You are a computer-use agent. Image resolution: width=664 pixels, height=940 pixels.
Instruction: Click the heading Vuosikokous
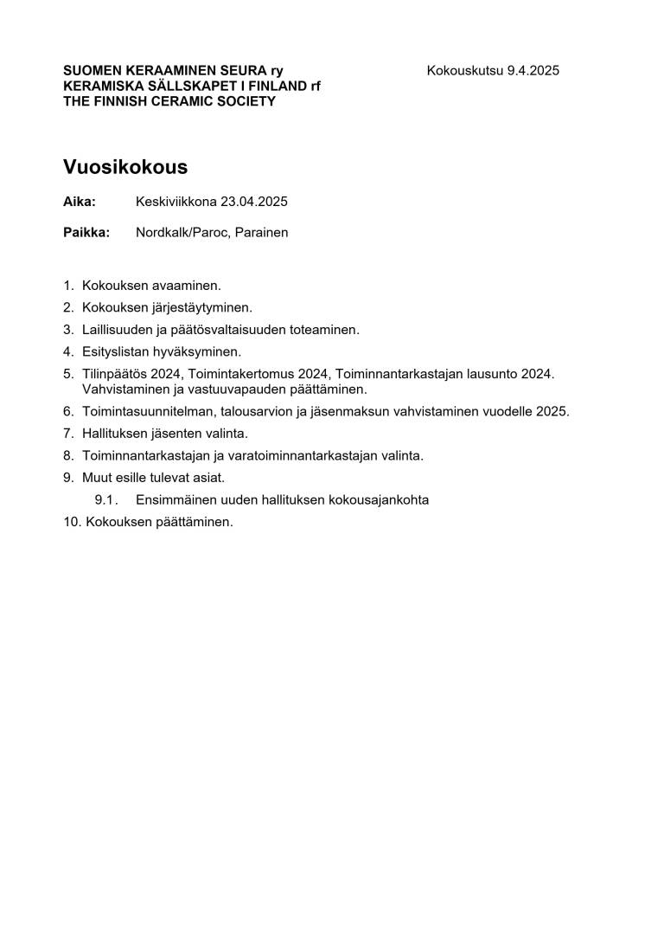(x=125, y=167)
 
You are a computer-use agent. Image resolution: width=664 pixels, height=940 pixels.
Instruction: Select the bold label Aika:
(x=80, y=202)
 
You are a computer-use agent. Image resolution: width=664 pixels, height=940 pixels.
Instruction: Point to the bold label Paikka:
(x=86, y=233)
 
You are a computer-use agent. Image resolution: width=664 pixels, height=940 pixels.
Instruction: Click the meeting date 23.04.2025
(x=253, y=202)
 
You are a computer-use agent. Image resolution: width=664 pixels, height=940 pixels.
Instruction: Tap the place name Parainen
(x=261, y=233)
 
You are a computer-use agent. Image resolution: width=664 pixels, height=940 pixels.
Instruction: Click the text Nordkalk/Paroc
(x=182, y=233)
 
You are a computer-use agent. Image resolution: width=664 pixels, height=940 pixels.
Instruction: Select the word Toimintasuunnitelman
(x=151, y=411)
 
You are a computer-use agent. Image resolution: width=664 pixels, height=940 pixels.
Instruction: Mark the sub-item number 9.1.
(x=105, y=500)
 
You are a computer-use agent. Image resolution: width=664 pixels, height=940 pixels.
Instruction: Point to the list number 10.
(x=71, y=522)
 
